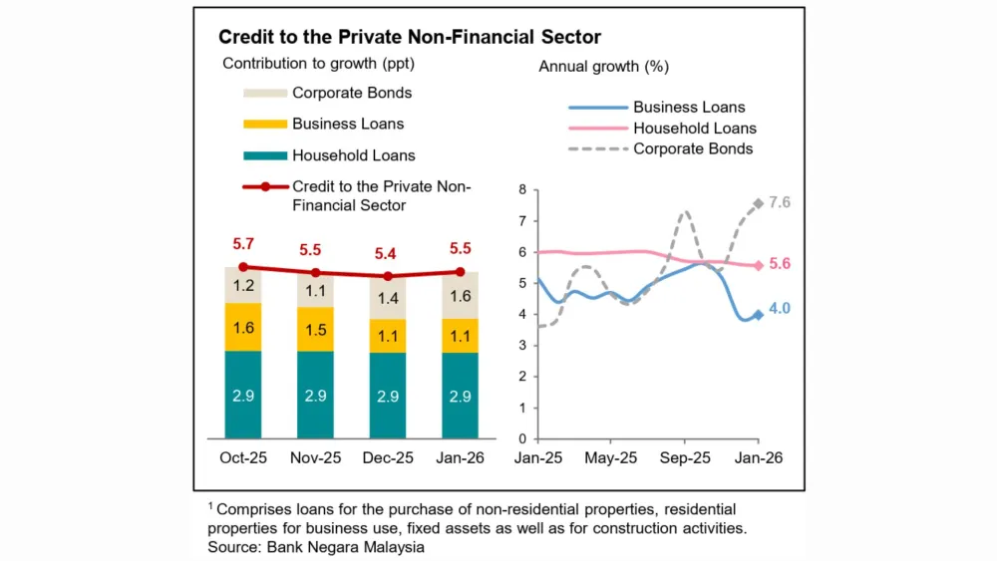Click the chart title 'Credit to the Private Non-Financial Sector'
[410, 38]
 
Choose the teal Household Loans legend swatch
[263, 155]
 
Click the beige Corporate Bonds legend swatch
[263, 94]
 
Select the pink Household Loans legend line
[596, 129]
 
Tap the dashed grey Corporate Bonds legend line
[596, 149]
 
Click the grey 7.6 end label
[779, 202]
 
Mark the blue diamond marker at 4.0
[759, 314]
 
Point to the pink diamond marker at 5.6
[759, 265]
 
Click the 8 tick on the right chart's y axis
[523, 189]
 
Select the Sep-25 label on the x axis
[684, 458]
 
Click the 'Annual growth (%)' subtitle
[603, 67]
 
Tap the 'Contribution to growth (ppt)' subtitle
[318, 64]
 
